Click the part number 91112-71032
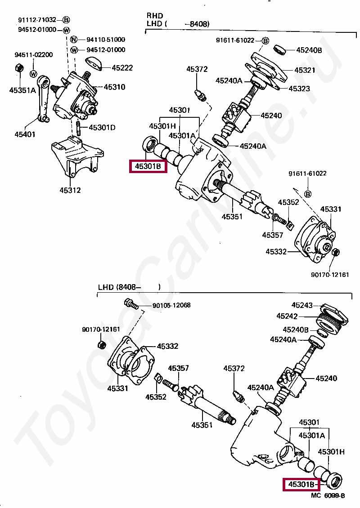pos(37,20)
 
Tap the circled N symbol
pos(74,40)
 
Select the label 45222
pos(122,68)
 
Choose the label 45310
pos(114,87)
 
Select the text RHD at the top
pos(155,16)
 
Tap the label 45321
pos(305,70)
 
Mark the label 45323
pos(299,89)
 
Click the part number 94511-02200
pos(33,55)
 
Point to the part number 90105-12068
pos(171,305)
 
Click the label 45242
pos(287,316)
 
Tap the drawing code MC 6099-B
pos(328,495)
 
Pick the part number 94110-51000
pos(106,40)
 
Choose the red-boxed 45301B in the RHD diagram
pos(148,167)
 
